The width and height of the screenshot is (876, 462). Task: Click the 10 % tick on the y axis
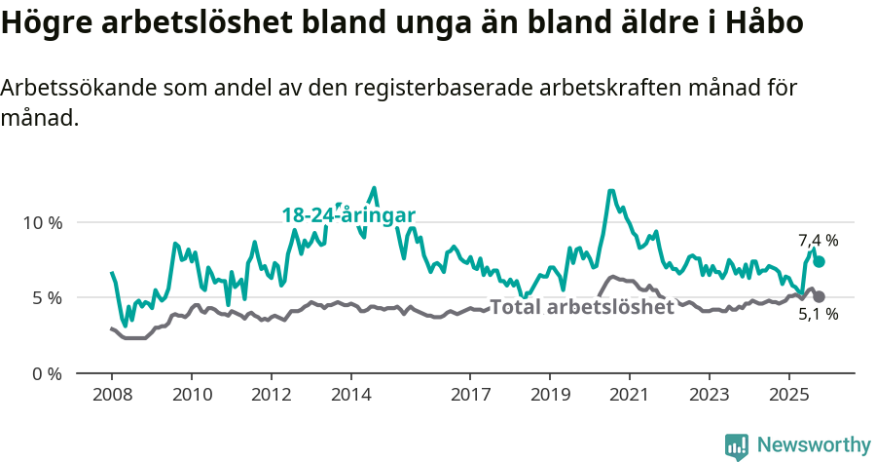click(x=42, y=222)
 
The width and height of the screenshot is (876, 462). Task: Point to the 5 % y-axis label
click(x=47, y=297)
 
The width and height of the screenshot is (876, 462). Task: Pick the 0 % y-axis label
click(x=47, y=373)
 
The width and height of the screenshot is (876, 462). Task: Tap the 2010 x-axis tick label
click(x=191, y=395)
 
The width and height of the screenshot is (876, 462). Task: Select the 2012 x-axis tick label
click(x=271, y=395)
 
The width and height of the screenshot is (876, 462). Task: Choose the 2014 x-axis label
click(x=350, y=395)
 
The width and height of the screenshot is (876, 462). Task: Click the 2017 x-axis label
click(x=470, y=395)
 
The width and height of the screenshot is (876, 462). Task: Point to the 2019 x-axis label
click(x=550, y=395)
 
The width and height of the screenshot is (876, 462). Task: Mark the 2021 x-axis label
click(x=630, y=395)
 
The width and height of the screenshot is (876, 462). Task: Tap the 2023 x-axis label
click(x=710, y=395)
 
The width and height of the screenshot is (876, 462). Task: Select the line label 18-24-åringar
click(x=348, y=215)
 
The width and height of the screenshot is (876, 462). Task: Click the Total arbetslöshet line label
click(x=581, y=307)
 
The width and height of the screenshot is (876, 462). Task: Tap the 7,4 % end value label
click(x=818, y=240)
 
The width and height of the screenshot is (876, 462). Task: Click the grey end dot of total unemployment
click(x=819, y=296)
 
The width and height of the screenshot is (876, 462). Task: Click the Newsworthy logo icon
click(x=737, y=445)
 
